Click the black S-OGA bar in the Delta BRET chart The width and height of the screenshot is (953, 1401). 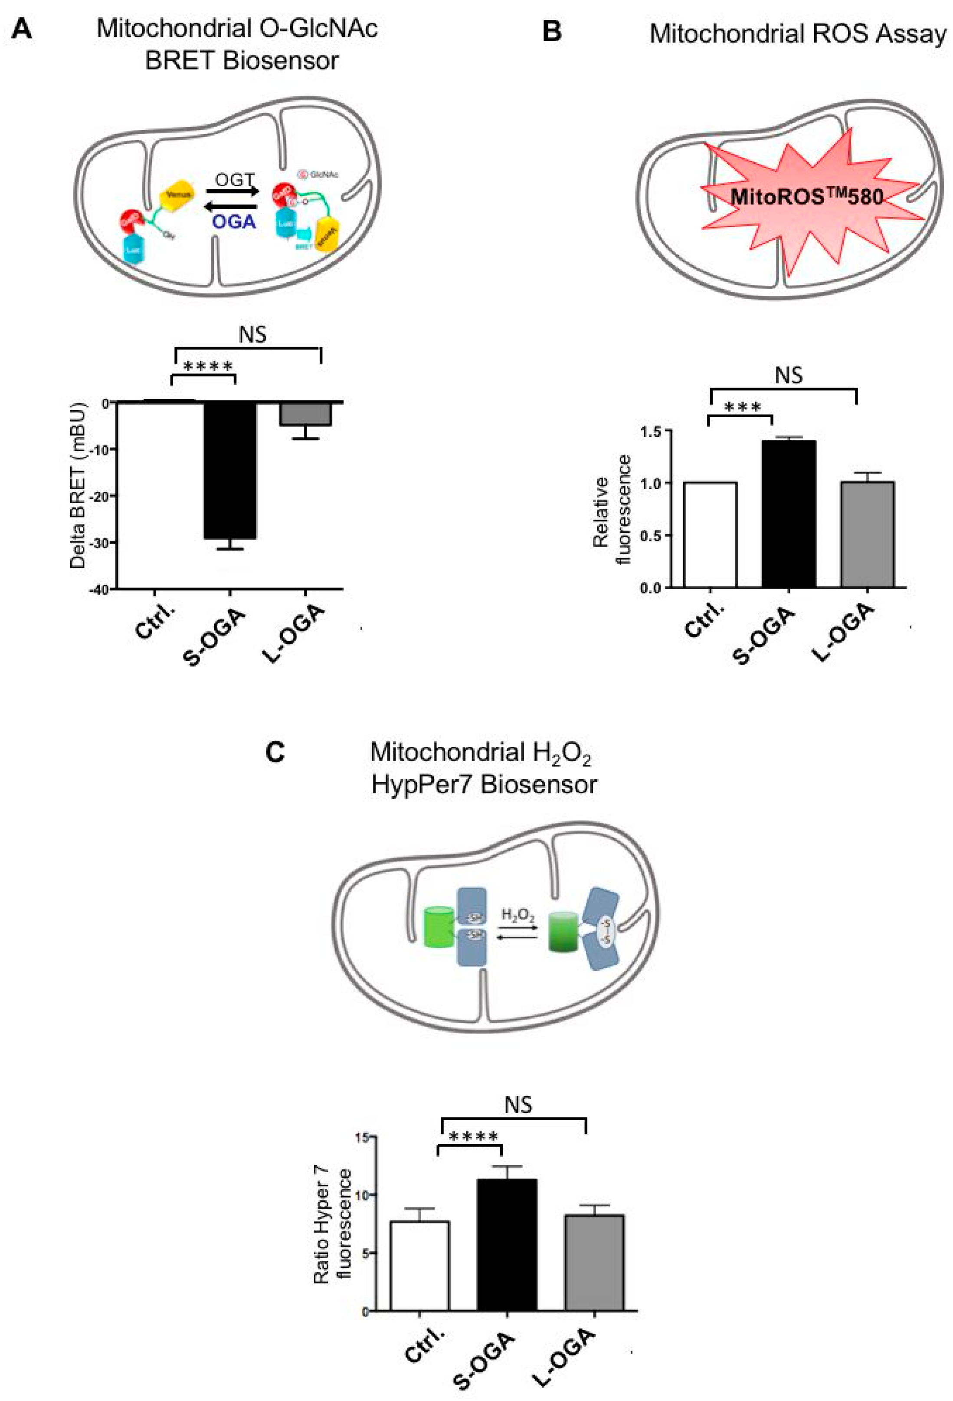click(x=229, y=470)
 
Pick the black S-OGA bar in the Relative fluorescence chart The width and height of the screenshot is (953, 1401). click(x=789, y=514)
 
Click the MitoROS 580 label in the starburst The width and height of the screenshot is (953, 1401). click(x=807, y=197)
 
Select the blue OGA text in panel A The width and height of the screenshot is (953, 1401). click(x=234, y=222)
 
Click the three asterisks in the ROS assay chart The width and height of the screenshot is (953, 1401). click(x=742, y=408)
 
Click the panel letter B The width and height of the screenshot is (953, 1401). click(x=552, y=31)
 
